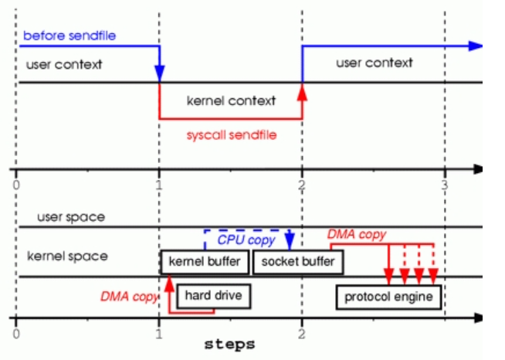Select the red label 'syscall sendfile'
(231, 134)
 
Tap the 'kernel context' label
(231, 100)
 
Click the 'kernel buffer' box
(205, 262)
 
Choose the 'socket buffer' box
(298, 262)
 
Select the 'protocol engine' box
(388, 297)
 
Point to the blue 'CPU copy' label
(246, 240)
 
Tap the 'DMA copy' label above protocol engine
(356, 233)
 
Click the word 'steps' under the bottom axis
(229, 344)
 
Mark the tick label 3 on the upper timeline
(444, 185)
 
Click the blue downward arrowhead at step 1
(159, 74)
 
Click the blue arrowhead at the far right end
(476, 46)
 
